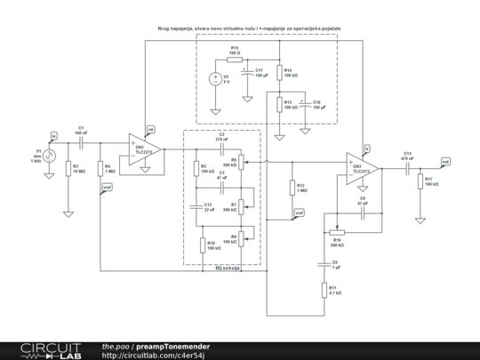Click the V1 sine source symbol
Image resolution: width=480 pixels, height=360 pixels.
pos(50,155)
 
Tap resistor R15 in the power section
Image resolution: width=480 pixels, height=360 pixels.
pos(234,59)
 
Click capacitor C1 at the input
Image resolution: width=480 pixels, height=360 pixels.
pos(81,140)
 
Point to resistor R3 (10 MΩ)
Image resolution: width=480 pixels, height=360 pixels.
pos(68,168)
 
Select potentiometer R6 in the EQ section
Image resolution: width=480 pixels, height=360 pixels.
pos(241,163)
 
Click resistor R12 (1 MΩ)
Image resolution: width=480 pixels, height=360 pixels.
pos(290,188)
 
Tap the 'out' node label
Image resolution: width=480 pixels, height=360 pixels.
pos(445,161)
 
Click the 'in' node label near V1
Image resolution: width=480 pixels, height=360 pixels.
pos(53,135)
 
